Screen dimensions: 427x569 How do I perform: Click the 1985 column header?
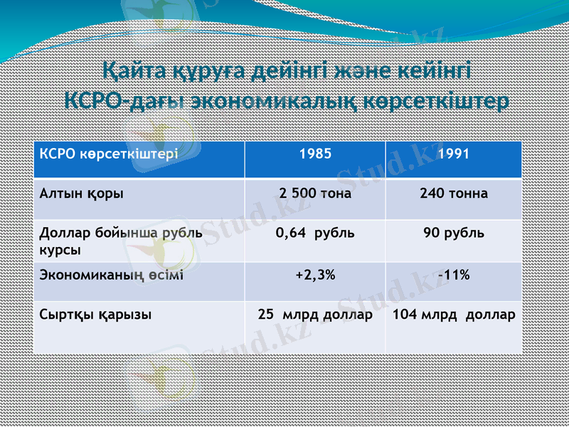point(315,153)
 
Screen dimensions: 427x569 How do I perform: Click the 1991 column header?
point(453,153)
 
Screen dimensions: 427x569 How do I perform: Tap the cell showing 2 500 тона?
point(315,193)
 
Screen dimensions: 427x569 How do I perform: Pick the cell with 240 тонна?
point(453,193)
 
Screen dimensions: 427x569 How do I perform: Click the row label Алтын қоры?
point(82,193)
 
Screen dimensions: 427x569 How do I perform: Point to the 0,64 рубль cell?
point(315,233)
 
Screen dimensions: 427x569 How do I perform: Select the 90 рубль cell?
point(453,233)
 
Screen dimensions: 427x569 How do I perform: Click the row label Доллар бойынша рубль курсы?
point(121,241)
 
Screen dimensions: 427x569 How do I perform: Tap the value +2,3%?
point(315,275)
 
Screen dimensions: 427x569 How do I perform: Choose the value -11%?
point(453,275)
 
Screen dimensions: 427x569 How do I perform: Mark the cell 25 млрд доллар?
point(315,314)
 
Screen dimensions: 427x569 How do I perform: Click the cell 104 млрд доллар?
point(453,314)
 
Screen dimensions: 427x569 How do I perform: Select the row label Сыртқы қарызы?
point(95,314)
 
